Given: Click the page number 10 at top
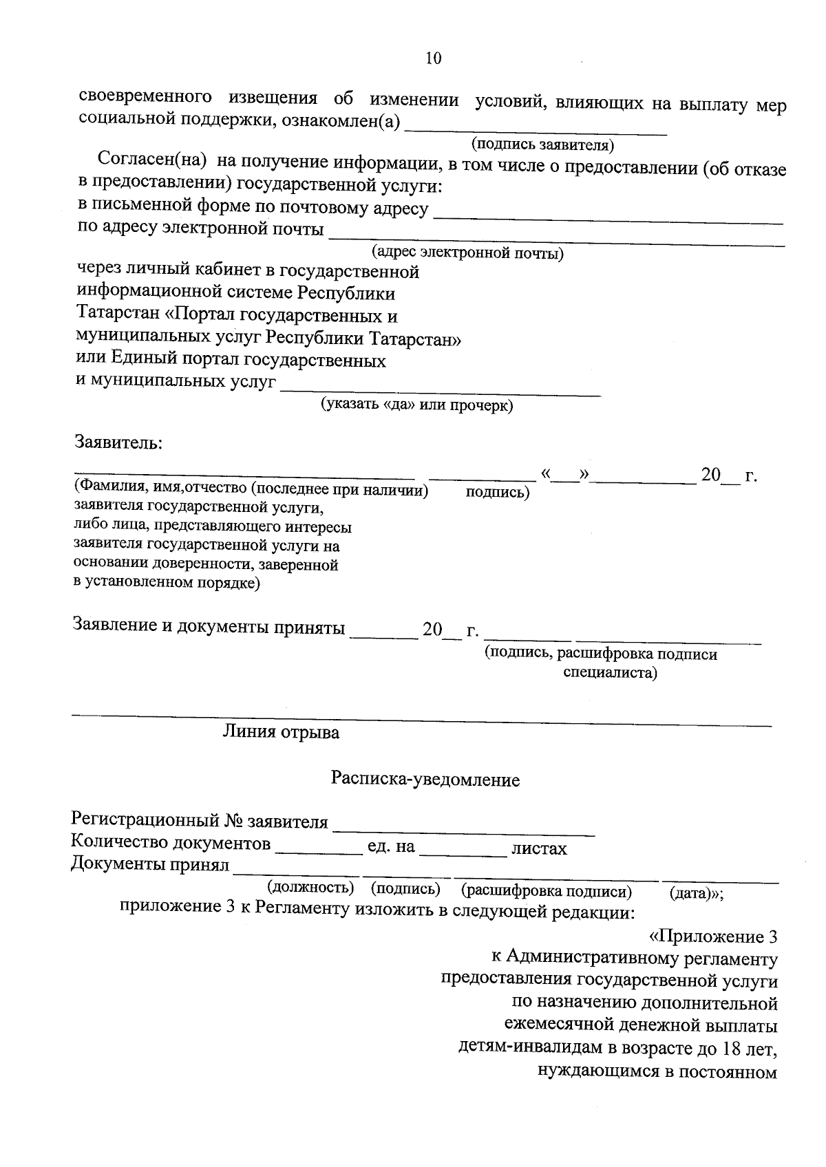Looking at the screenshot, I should tap(433, 58).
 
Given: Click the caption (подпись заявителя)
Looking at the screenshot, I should tap(542, 145).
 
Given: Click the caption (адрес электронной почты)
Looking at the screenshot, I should tap(467, 253).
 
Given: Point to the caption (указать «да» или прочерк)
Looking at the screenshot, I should tap(417, 405).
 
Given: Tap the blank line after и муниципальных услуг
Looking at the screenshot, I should tap(441, 393).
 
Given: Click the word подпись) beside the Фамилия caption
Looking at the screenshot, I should tap(497, 493).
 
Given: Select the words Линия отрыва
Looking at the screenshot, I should tap(280, 732).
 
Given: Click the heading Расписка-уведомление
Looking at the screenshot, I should tap(425, 780).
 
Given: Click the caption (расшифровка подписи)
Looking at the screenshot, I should tap(547, 892).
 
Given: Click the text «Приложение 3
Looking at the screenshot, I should tap(713, 936).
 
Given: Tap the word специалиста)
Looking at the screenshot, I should tap(610, 673).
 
